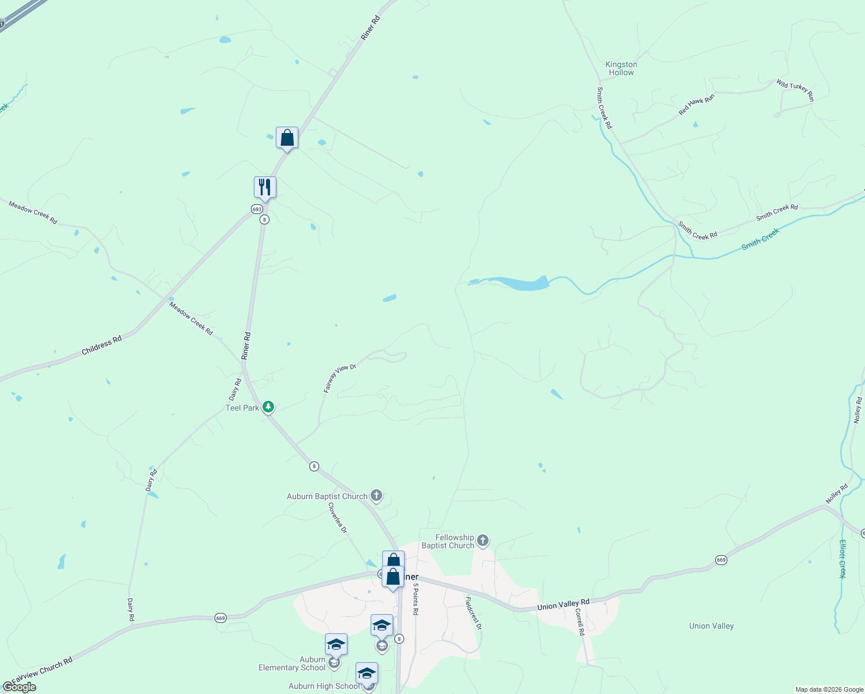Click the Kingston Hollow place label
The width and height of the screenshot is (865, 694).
click(x=621, y=68)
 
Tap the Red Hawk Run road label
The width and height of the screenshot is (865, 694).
click(x=696, y=104)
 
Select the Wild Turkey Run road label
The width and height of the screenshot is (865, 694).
click(x=795, y=91)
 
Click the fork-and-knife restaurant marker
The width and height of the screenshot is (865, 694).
click(x=265, y=187)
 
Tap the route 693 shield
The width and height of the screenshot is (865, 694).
click(x=257, y=209)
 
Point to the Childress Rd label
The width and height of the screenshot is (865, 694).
click(x=102, y=345)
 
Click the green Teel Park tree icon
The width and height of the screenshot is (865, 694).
click(x=268, y=407)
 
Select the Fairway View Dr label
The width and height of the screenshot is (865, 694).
click(x=339, y=379)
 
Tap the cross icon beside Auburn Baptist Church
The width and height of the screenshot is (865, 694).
click(x=376, y=495)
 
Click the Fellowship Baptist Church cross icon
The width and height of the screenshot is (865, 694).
click(x=483, y=541)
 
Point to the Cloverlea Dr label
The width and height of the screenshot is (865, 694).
click(x=338, y=518)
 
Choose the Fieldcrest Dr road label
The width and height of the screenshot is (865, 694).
click(x=473, y=612)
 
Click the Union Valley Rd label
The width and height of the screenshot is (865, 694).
click(x=563, y=605)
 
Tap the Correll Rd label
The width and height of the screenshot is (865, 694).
click(x=581, y=622)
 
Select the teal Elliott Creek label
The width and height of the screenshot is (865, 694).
click(x=842, y=559)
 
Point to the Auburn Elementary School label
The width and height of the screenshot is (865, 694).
click(x=292, y=663)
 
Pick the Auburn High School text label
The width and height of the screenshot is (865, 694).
click(x=324, y=686)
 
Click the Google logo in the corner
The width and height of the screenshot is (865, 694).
click(x=19, y=687)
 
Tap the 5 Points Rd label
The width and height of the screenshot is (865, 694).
click(x=415, y=599)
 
